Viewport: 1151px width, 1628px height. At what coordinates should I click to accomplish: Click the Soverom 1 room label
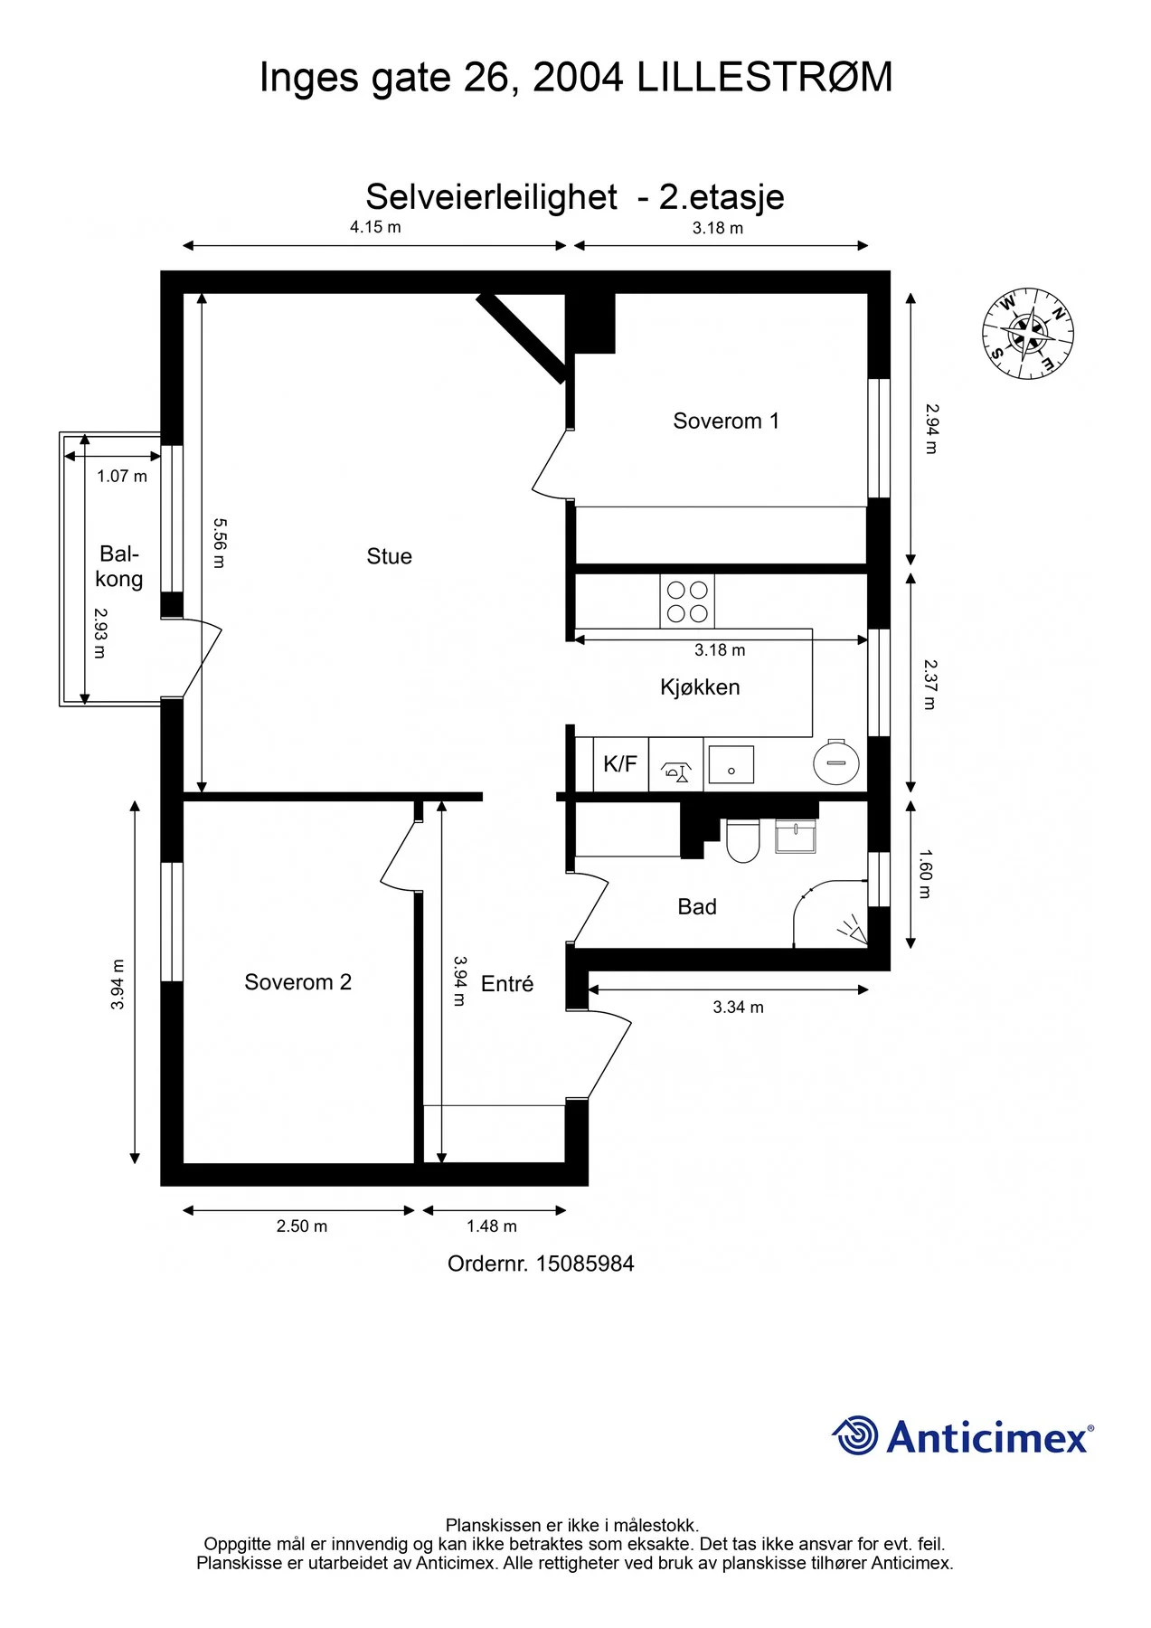pyautogui.click(x=726, y=421)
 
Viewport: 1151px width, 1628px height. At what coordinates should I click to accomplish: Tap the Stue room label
pyautogui.click(x=389, y=556)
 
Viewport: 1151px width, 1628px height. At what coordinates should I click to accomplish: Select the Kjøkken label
pyautogui.click(x=700, y=687)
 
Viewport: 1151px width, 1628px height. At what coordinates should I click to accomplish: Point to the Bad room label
pyautogui.click(x=697, y=907)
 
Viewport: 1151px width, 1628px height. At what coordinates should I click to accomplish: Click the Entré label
pyautogui.click(x=507, y=983)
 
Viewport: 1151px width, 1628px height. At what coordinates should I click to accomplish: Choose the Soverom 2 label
pyautogui.click(x=297, y=982)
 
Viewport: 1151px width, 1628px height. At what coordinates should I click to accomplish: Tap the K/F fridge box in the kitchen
pyautogui.click(x=620, y=764)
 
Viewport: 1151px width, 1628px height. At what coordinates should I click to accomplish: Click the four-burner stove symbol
pyautogui.click(x=687, y=601)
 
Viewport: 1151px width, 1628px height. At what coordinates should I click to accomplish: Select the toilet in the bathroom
pyautogui.click(x=743, y=840)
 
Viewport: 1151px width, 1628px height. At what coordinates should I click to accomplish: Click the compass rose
pyautogui.click(x=1028, y=334)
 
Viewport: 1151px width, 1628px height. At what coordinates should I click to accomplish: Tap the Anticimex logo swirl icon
pyautogui.click(x=854, y=1435)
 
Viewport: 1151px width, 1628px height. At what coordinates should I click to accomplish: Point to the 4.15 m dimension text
pyautogui.click(x=375, y=227)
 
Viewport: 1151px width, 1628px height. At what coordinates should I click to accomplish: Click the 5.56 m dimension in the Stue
pyautogui.click(x=219, y=543)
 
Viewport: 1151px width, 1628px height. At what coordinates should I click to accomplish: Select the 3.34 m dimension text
pyautogui.click(x=738, y=1007)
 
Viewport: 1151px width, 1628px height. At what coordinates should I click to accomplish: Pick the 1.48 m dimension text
pyautogui.click(x=492, y=1226)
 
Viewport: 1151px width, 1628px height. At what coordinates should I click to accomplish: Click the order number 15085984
pyautogui.click(x=585, y=1264)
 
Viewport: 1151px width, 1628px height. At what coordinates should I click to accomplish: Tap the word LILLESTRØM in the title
pyautogui.click(x=765, y=78)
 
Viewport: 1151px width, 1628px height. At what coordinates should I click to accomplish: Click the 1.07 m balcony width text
pyautogui.click(x=122, y=476)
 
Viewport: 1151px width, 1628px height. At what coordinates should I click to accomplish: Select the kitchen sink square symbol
pyautogui.click(x=731, y=764)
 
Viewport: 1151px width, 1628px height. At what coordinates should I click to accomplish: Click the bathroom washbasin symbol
pyautogui.click(x=796, y=837)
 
